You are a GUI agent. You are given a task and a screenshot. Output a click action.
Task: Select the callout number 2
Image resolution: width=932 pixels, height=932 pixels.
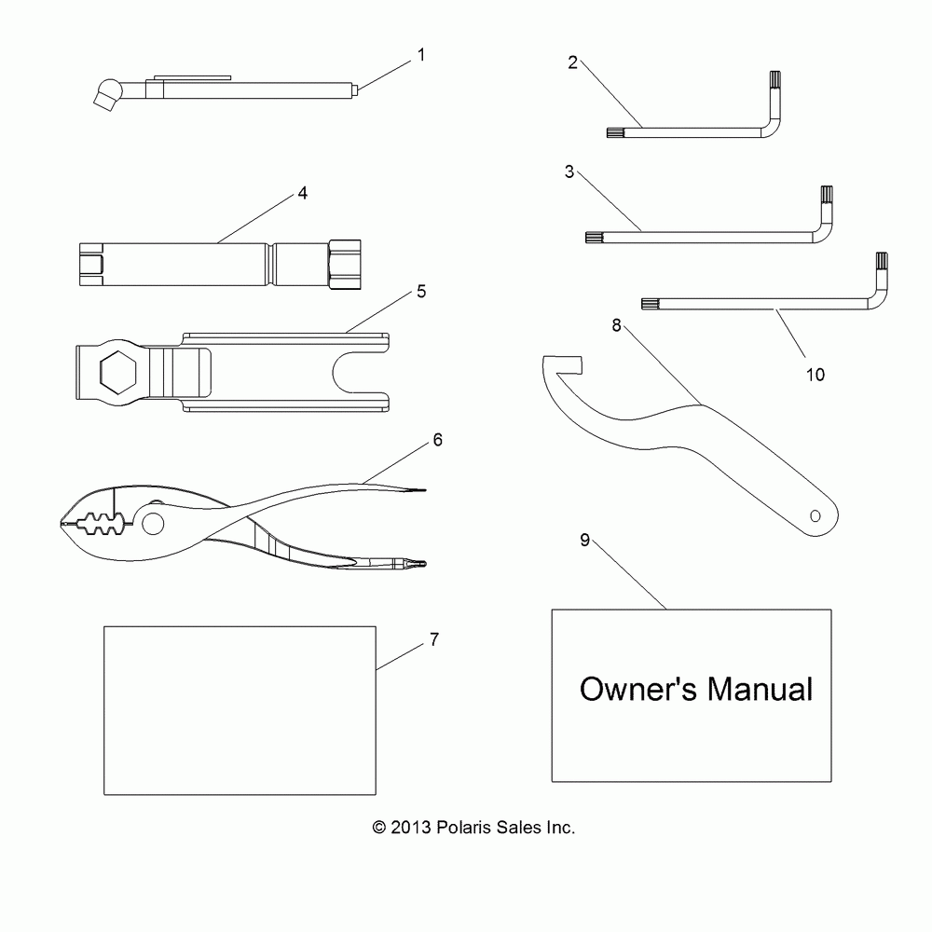572,63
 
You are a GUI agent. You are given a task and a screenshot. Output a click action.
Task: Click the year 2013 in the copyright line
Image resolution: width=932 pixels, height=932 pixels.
412,827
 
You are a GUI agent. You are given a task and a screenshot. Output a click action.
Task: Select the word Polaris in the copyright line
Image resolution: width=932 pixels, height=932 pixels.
473,827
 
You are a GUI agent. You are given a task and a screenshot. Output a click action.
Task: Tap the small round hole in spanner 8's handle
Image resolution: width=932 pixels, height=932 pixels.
815,514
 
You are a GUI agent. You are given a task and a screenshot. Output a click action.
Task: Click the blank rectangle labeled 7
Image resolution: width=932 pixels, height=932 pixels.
239,710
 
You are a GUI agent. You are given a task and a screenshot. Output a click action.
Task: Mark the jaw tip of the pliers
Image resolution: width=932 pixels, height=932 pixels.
62,524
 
